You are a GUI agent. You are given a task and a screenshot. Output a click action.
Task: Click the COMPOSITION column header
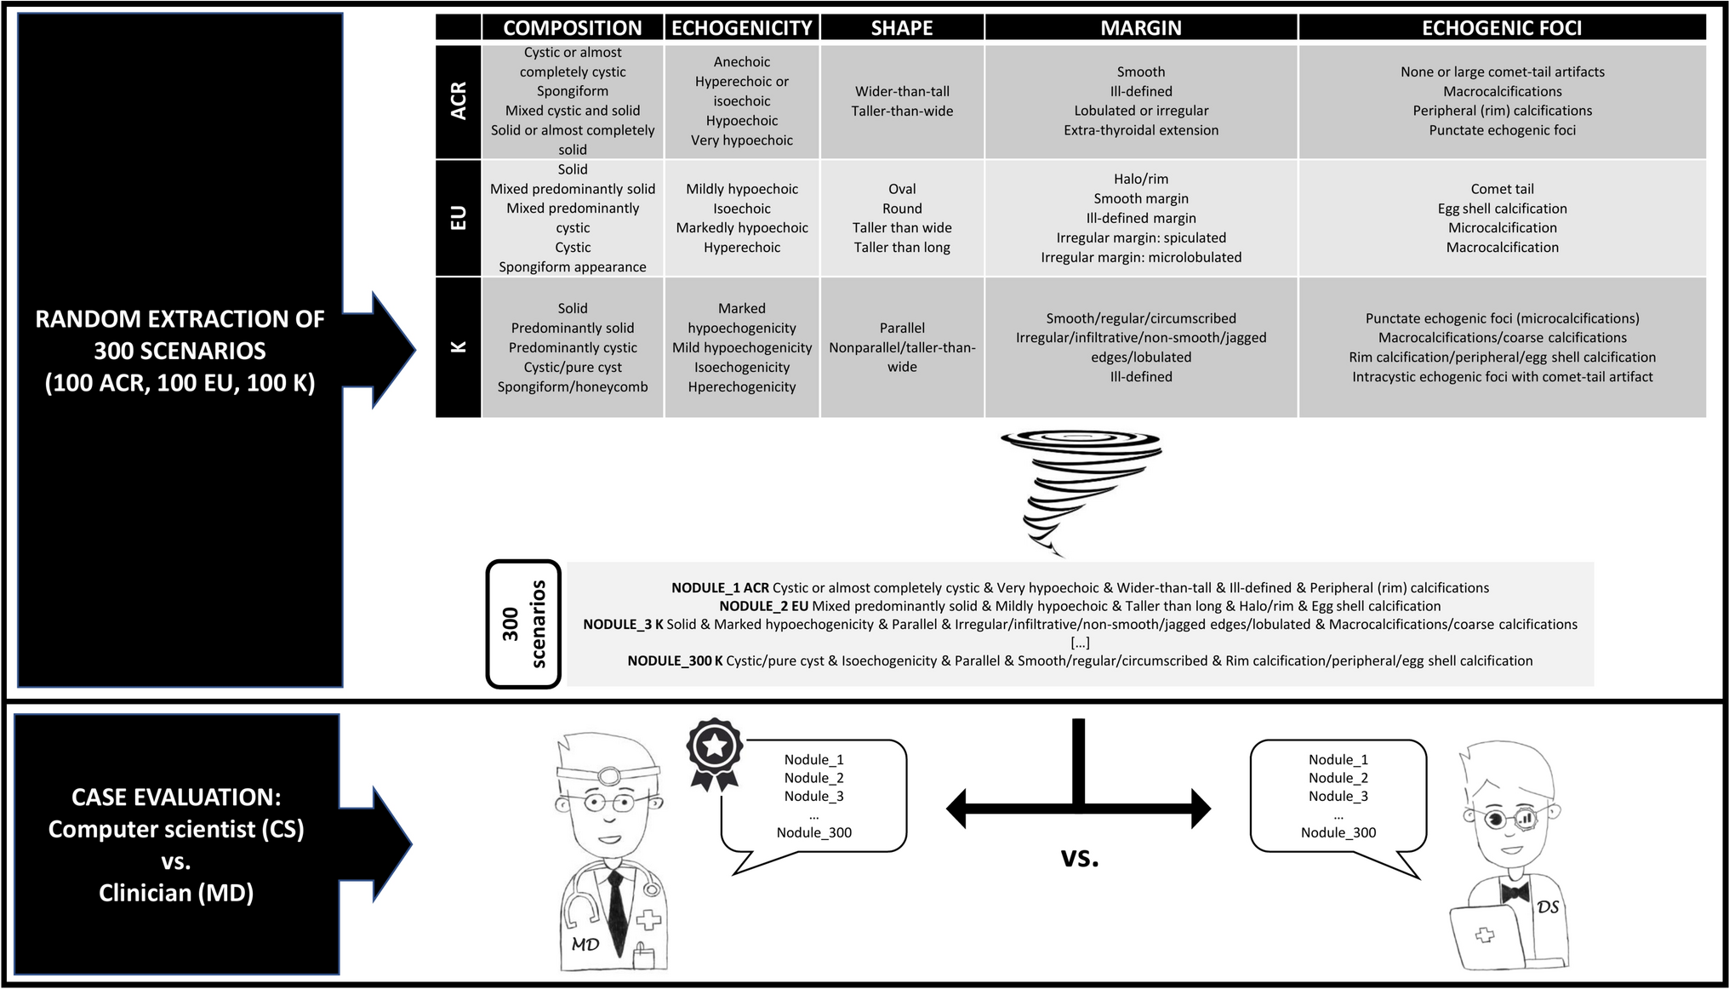point(572,28)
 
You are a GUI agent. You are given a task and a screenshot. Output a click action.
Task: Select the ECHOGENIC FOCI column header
point(1501,28)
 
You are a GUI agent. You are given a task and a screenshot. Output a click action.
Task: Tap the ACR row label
point(458,101)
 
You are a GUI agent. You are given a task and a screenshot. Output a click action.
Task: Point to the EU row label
point(458,218)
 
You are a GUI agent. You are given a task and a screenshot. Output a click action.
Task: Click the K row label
point(458,347)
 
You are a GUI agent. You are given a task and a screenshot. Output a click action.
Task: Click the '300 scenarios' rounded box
point(523,623)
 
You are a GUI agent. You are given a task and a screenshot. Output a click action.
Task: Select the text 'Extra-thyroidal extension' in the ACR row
point(1140,130)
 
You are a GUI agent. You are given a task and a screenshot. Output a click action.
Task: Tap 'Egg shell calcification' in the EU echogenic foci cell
point(1502,209)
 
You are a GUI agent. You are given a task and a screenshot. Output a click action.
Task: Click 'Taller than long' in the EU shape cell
point(902,248)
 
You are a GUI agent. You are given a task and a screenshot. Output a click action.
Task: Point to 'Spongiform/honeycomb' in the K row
point(572,386)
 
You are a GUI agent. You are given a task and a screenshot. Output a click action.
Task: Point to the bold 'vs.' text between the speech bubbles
point(1079,857)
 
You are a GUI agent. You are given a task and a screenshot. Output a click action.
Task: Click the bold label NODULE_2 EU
point(763,606)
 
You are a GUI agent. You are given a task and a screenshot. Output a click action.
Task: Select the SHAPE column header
point(902,28)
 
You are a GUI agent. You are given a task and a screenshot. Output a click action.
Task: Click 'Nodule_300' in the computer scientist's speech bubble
point(1338,832)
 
